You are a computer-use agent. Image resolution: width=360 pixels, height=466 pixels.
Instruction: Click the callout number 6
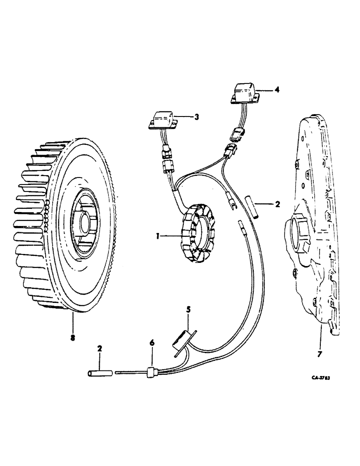(x=152, y=343)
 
